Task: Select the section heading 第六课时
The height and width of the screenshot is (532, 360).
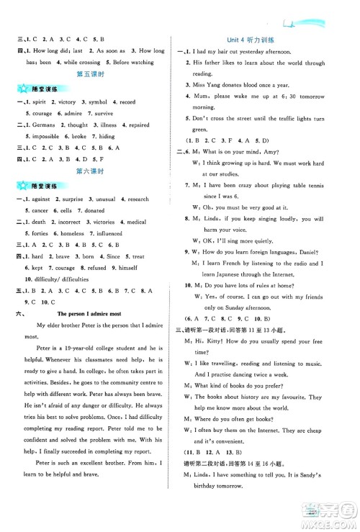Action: click(x=91, y=171)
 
